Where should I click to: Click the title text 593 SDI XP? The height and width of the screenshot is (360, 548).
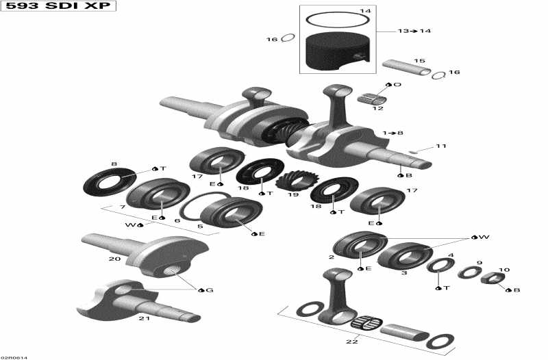click(58, 7)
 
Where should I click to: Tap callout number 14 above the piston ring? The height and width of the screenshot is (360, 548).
click(365, 12)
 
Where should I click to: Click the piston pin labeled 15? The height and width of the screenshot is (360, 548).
click(406, 67)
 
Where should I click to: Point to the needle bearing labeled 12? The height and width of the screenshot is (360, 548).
click(373, 97)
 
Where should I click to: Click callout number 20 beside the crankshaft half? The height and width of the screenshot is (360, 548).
click(114, 259)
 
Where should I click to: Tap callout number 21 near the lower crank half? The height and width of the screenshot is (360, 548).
click(145, 318)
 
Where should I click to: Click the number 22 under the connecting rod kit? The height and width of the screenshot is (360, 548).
click(351, 342)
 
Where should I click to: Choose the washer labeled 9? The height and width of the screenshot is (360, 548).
click(469, 272)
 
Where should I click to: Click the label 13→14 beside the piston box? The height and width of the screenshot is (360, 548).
click(414, 31)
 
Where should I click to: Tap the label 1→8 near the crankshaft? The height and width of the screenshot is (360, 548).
click(393, 132)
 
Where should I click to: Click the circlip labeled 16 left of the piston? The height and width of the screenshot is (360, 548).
click(288, 38)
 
